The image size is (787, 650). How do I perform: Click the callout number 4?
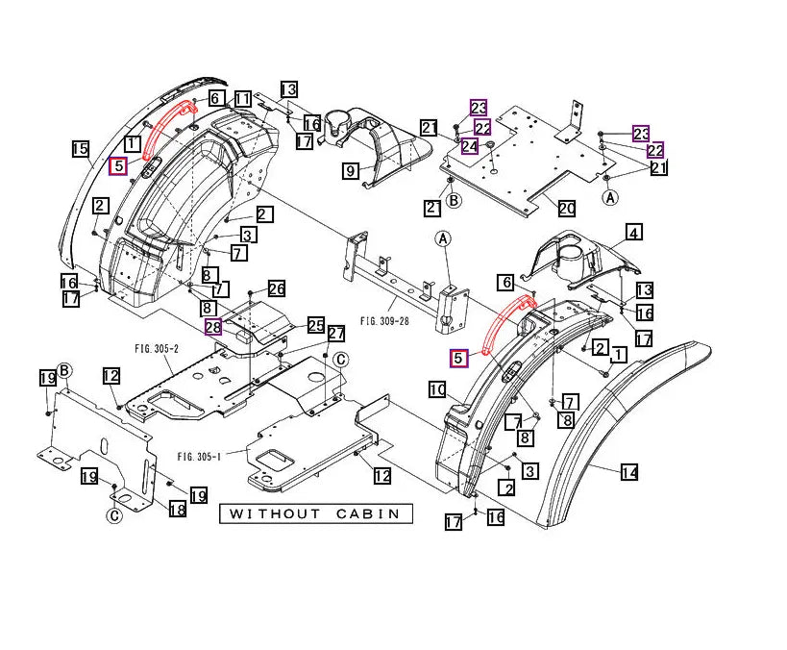tap(634, 233)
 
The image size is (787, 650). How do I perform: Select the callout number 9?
tap(351, 171)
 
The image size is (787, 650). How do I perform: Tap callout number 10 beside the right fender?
tap(437, 389)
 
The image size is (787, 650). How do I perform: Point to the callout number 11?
tap(242, 99)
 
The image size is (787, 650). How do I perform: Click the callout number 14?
tap(629, 472)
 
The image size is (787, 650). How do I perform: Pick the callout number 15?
tap(81, 149)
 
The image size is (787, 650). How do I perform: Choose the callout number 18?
tap(178, 510)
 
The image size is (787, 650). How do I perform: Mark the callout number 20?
tap(567, 208)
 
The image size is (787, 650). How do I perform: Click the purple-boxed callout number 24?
tap(470, 146)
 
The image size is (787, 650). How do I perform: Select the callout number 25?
tap(316, 326)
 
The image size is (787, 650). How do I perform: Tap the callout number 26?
tap(277, 288)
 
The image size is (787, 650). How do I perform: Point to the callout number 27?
tap(335, 334)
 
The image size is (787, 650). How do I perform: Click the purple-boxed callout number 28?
tap(213, 327)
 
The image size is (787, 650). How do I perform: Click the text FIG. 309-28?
tap(384, 321)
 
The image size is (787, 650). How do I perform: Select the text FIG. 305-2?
tap(157, 349)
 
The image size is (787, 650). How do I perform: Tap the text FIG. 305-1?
tap(199, 457)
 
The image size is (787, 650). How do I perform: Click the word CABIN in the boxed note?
tap(368, 513)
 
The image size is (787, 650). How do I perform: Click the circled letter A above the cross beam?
tap(443, 238)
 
